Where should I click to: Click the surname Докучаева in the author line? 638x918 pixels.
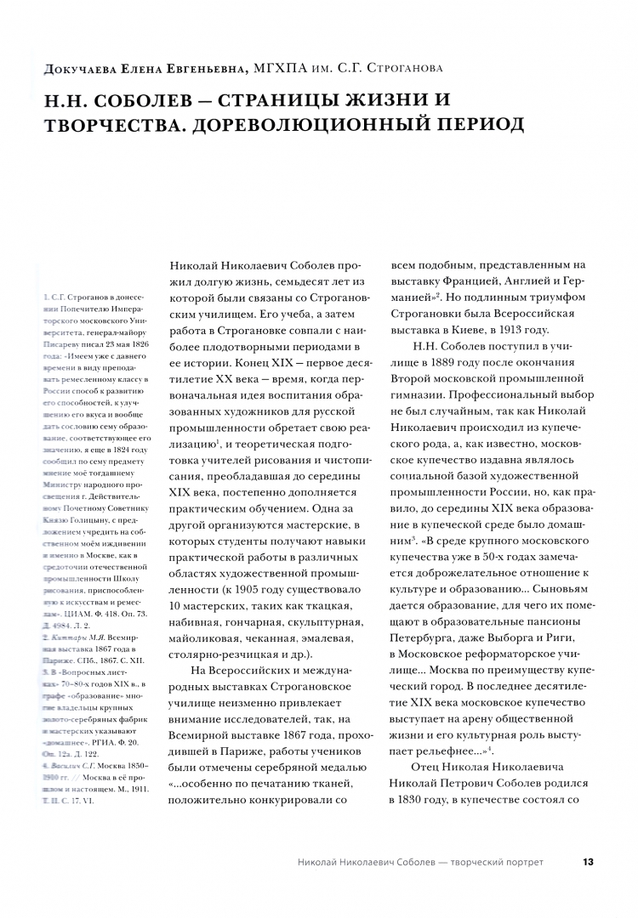69,67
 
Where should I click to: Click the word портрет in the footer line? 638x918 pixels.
522,862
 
